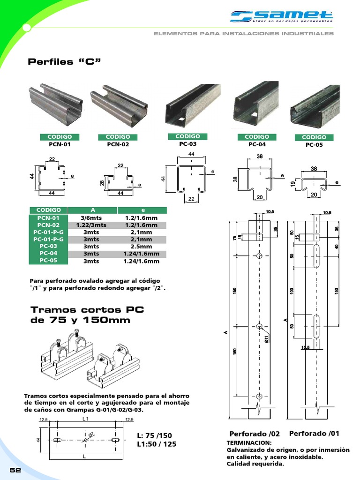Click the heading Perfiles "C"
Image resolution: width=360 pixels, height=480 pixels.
click(x=65, y=62)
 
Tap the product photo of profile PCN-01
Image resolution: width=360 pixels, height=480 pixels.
click(x=56, y=105)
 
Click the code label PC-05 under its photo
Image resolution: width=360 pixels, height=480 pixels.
click(x=314, y=145)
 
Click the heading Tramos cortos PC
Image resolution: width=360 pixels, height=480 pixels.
click(x=87, y=310)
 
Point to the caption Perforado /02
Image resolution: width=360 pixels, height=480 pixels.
click(x=255, y=434)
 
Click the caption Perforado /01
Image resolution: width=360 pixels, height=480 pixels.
click(x=314, y=433)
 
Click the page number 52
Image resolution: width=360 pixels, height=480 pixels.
click(x=15, y=470)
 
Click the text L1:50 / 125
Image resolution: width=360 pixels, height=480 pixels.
click(x=157, y=444)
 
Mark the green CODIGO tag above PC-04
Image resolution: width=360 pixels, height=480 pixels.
click(x=257, y=136)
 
